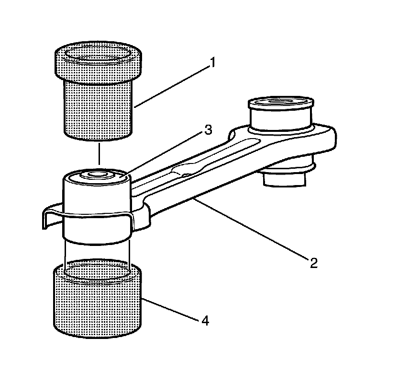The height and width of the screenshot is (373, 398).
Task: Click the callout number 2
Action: pos(313,263)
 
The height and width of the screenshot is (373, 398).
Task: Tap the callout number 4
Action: pos(205,320)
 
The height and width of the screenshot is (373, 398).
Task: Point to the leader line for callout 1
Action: pos(172,85)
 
